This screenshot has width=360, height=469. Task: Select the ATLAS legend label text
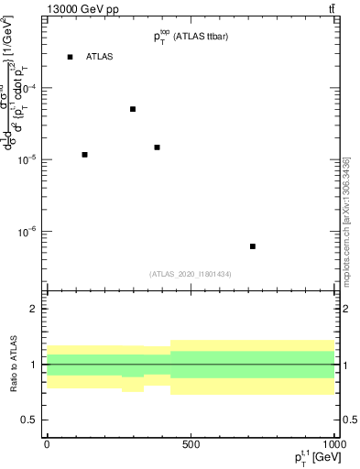coord(99,57)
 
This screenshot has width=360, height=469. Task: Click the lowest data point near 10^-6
coord(253,246)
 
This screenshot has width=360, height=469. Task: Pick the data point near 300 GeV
coord(133,109)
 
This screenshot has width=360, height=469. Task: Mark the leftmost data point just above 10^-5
coord(84,155)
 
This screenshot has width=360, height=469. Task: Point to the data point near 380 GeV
coord(157,147)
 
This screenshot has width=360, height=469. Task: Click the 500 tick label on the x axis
coord(191,444)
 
